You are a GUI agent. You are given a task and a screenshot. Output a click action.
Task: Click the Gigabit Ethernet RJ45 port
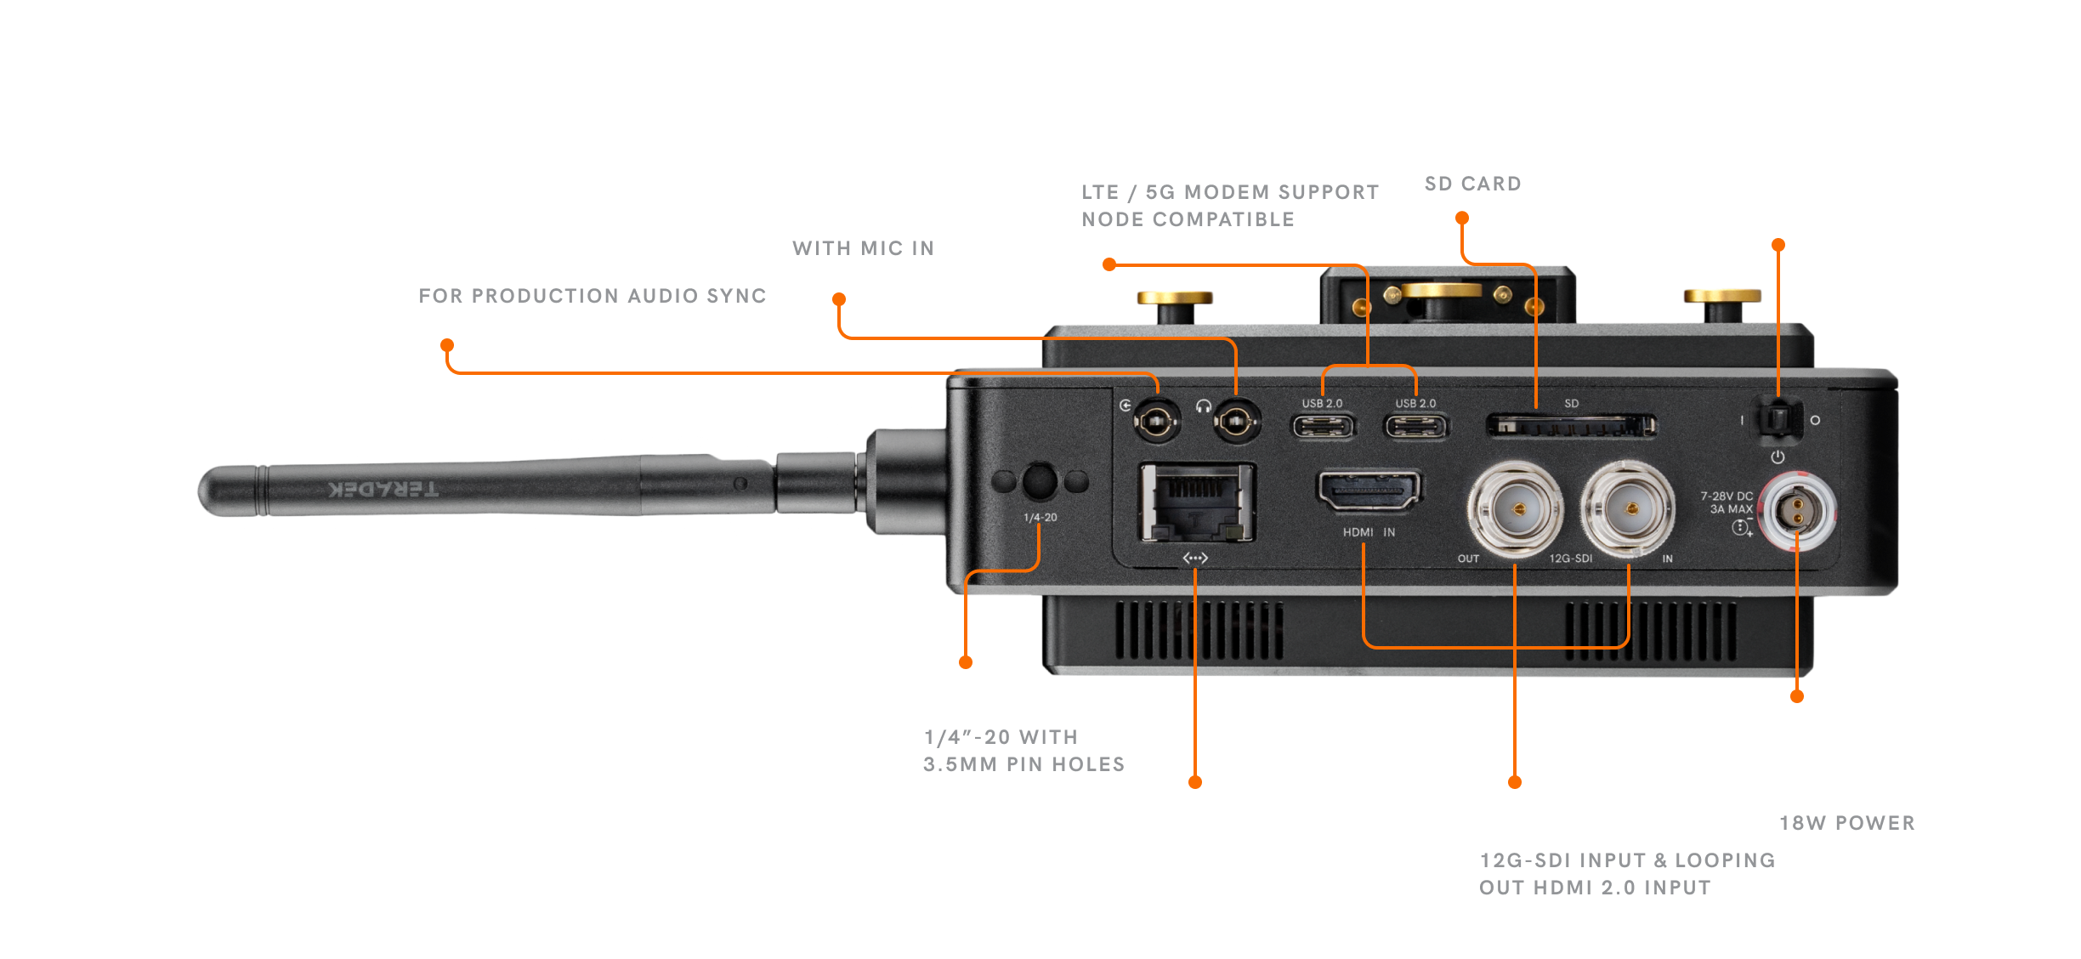tap(1197, 502)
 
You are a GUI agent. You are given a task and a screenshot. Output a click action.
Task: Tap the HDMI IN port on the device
tap(1368, 491)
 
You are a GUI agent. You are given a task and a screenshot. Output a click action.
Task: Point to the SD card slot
tap(1570, 425)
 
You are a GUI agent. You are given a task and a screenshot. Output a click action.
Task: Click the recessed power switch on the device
tap(1778, 419)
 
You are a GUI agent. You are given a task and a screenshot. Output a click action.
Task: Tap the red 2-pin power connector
tap(1797, 513)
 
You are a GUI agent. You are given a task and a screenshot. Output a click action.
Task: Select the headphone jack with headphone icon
tap(1235, 420)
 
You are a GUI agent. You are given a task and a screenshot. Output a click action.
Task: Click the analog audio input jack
tap(1156, 420)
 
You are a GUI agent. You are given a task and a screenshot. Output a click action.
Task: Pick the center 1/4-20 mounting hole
tap(1040, 481)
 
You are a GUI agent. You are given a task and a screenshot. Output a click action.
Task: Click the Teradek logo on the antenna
tap(383, 489)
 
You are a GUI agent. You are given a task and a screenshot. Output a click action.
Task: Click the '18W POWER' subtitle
tap(1846, 823)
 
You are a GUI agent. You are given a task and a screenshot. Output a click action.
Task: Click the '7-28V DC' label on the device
tap(1727, 497)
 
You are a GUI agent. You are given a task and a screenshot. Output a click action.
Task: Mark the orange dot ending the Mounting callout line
tap(965, 662)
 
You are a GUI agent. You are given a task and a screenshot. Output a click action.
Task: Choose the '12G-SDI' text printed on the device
tap(1570, 559)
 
